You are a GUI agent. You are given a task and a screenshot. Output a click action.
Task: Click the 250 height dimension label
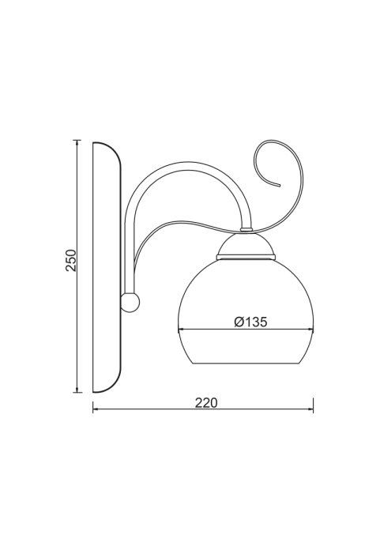tap(70, 260)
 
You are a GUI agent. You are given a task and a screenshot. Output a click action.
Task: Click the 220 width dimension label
tap(206, 403)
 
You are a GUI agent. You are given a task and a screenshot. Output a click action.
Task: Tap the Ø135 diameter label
tap(250, 322)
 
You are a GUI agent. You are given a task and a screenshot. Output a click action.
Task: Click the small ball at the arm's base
tap(130, 303)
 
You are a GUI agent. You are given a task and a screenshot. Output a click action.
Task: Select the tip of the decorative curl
tap(280, 185)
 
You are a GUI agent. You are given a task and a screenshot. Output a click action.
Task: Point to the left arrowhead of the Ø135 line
tap(181, 330)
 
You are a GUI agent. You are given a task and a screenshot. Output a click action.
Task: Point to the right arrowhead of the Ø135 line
tap(310, 330)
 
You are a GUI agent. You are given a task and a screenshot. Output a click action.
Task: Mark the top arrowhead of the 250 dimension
tap(77, 143)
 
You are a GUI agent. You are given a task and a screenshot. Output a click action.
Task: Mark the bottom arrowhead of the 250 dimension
tap(77, 389)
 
